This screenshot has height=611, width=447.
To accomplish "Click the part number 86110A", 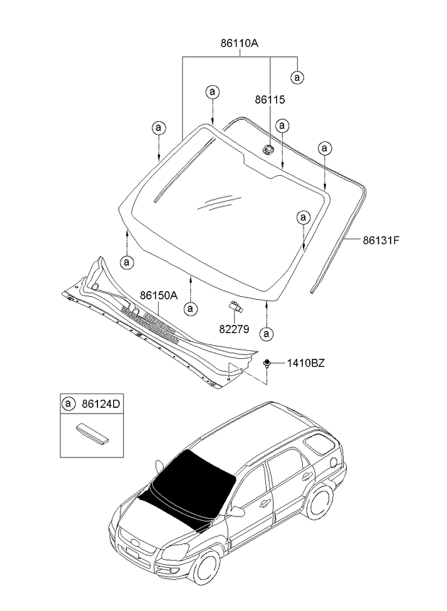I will click(x=239, y=43).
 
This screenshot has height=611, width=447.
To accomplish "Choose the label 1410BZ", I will click(x=306, y=363).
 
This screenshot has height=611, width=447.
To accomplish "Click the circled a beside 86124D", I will click(x=69, y=404).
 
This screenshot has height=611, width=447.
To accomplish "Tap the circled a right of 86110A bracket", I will click(x=296, y=76).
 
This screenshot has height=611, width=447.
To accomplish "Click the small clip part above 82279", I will click(x=236, y=307).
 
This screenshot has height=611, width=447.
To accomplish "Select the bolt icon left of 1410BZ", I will click(x=267, y=363).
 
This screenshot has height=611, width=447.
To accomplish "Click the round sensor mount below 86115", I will click(x=267, y=150).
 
